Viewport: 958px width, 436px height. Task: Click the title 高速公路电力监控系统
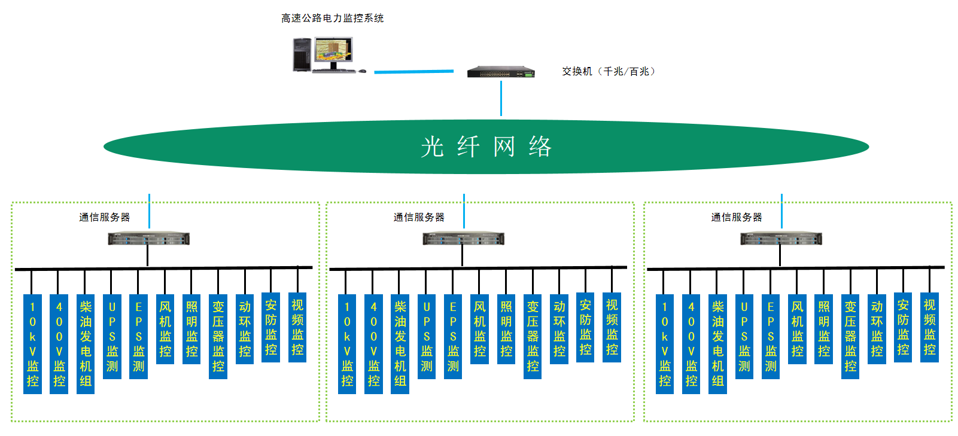333,19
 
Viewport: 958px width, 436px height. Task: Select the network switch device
501,72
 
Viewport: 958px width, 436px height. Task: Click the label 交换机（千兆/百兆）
609,71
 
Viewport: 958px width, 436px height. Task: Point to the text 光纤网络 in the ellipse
486,147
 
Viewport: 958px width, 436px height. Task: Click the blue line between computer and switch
413,72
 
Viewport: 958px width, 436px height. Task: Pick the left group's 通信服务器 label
105,217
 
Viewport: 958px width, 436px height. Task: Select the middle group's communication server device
463,239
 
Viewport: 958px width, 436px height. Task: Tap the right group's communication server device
781,239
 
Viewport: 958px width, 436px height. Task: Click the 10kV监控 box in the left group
32,344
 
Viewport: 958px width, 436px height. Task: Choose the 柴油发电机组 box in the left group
86,344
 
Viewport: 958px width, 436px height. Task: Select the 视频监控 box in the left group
297,327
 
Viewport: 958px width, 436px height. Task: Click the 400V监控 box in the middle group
373,344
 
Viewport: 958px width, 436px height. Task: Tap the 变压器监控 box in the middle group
533,336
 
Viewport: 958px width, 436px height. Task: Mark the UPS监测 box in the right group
744,336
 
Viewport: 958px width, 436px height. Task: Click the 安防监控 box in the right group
903,327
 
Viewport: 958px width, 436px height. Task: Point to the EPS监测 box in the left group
138,336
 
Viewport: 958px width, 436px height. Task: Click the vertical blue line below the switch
501,99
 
